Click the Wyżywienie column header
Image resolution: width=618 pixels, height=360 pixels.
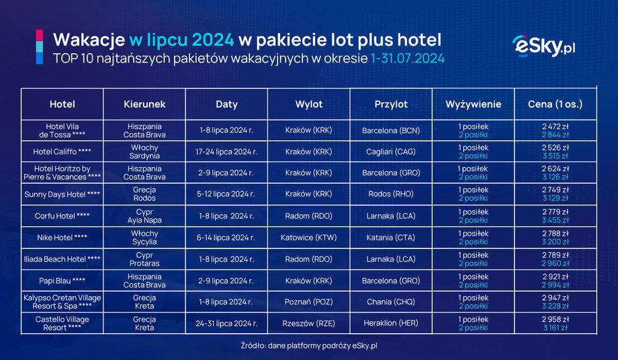tap(474, 104)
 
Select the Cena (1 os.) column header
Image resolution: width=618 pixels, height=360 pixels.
tap(555, 104)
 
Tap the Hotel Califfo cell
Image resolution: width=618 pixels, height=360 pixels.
tap(62, 152)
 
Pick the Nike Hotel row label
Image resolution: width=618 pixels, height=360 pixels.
tap(62, 238)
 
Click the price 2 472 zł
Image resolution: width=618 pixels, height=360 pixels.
tap(556, 126)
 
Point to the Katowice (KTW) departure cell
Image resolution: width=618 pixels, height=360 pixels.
tap(308, 238)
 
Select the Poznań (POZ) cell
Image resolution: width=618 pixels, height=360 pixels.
tap(308, 302)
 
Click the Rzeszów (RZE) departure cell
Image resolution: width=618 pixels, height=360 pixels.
tap(308, 324)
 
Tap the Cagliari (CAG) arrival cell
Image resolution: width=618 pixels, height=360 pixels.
tap(391, 152)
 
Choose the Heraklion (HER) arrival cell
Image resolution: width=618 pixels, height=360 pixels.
tap(391, 324)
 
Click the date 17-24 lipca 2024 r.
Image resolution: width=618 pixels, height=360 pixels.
tap(226, 152)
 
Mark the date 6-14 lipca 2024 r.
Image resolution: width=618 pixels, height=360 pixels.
tap(226, 238)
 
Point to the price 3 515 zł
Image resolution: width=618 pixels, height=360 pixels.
tap(556, 156)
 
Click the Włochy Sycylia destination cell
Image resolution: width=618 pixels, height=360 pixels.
tap(144, 238)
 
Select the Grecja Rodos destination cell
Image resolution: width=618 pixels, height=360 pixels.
tap(144, 195)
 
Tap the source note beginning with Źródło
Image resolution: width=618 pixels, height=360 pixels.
tap(309, 346)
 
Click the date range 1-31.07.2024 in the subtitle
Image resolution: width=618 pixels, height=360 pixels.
tap(407, 59)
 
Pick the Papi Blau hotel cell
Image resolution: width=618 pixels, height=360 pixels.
tap(62, 281)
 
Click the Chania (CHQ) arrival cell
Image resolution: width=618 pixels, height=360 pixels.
tap(391, 302)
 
